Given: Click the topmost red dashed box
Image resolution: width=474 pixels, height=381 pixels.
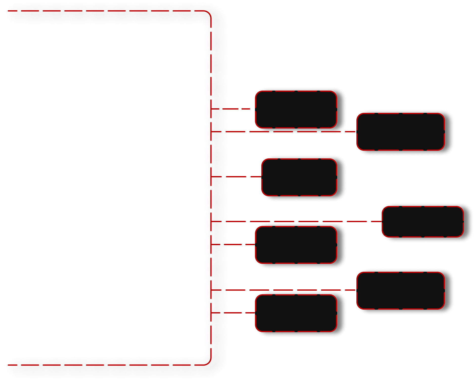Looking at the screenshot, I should (296, 109).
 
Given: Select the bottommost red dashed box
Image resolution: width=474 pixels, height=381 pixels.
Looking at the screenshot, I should (296, 313).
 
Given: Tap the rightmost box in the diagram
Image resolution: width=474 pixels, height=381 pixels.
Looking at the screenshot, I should (423, 222).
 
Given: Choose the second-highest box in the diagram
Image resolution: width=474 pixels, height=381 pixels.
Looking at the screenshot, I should (401, 132).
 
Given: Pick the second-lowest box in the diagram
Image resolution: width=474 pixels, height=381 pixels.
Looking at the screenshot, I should (401, 290).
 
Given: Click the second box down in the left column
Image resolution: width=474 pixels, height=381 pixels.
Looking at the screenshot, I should (299, 177).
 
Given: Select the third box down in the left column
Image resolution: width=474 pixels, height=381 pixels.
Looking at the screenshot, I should (296, 245).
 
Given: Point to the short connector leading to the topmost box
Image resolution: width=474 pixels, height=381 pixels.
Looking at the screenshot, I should (233, 109).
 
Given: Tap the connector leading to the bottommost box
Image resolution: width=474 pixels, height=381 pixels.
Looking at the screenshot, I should (233, 313).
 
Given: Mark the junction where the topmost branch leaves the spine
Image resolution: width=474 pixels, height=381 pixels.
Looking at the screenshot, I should (211, 109).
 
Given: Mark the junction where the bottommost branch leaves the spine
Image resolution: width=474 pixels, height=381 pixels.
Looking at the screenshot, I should (211, 313).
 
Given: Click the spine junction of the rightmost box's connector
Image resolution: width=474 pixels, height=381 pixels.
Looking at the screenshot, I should (211, 221).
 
